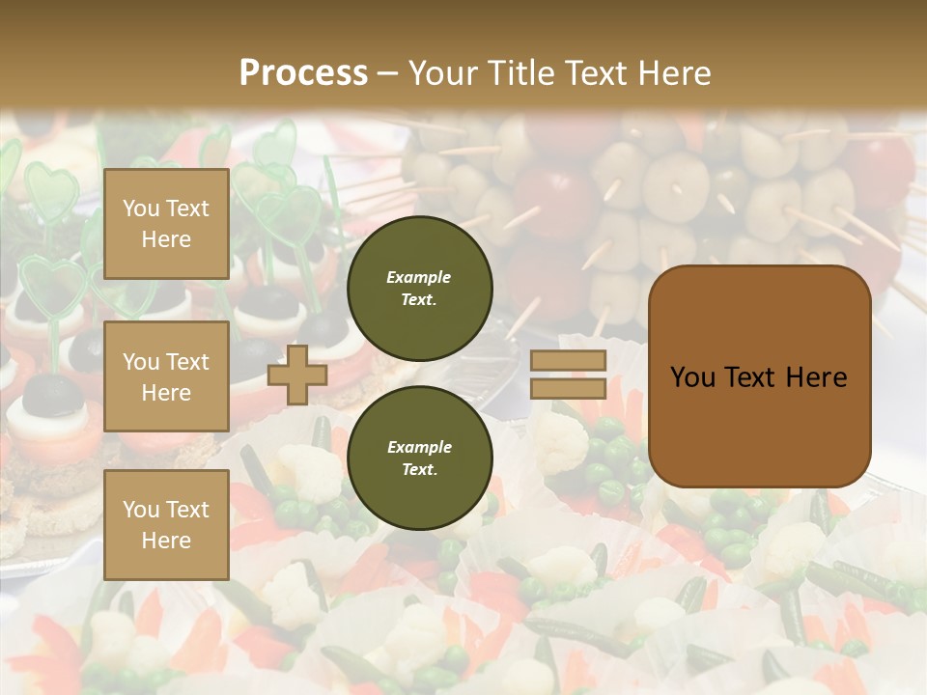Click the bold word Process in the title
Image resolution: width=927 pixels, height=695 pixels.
click(x=303, y=73)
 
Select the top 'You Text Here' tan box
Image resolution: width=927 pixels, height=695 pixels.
click(x=166, y=224)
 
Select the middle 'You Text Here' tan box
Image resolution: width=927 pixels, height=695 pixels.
click(x=166, y=376)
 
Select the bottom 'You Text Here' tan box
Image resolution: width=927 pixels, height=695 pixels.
click(x=166, y=524)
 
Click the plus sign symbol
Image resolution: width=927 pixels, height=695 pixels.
click(x=297, y=375)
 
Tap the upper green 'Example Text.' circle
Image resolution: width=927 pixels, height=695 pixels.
click(x=419, y=289)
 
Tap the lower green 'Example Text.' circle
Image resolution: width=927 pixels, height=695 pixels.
click(x=419, y=459)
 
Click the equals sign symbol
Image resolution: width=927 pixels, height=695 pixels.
click(x=569, y=375)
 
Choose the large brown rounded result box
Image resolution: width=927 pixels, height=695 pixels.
click(x=760, y=376)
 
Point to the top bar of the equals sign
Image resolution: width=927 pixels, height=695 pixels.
click(x=569, y=361)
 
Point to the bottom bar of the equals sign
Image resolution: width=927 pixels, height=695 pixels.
click(x=569, y=388)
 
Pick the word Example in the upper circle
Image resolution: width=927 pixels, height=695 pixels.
click(x=419, y=277)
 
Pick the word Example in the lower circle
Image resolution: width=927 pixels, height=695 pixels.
click(x=419, y=447)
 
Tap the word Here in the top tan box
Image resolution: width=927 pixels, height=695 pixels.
click(x=166, y=239)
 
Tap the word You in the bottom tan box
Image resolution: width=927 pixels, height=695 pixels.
click(x=140, y=510)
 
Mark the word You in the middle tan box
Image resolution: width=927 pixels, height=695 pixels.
click(x=140, y=362)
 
